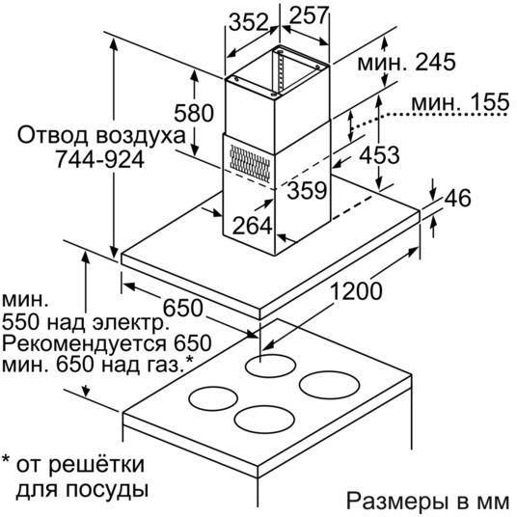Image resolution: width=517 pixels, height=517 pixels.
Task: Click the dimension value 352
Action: coord(249,22)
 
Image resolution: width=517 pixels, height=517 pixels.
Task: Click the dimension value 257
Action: coord(309,14)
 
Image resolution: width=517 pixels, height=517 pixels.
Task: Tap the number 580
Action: coord(194,113)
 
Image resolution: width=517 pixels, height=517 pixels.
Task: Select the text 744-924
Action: coord(100,159)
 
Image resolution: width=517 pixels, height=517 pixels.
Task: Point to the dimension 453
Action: coord(379,155)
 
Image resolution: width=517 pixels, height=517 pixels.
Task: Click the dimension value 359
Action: coord(307,190)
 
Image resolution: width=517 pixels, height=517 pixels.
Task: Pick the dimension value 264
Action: coord(253,226)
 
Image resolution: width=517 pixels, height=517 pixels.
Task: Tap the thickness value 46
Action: coord(457,198)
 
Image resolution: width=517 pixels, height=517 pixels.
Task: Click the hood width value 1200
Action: coord(356,291)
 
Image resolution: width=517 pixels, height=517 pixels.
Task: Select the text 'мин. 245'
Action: coord(406,62)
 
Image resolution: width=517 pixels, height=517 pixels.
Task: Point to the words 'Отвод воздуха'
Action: coord(101,135)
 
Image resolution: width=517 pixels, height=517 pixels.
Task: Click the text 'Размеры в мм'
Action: coord(427,502)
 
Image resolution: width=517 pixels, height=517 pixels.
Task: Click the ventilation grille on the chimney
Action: coord(250,164)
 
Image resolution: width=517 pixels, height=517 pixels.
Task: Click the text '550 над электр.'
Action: coord(86,322)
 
